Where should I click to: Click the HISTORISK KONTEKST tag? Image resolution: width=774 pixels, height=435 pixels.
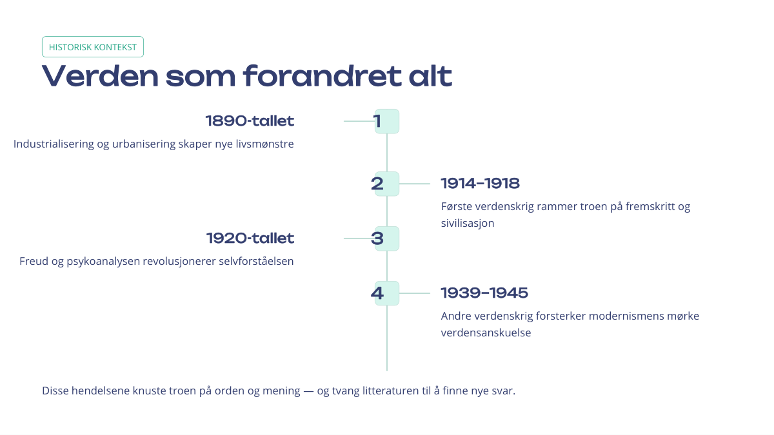click(x=93, y=46)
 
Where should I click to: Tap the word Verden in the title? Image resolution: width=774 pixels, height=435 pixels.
click(x=100, y=76)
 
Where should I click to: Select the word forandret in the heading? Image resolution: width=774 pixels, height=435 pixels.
click(x=322, y=76)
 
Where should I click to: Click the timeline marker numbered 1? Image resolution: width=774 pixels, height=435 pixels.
click(x=386, y=121)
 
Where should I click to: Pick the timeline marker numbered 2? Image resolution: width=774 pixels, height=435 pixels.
click(x=386, y=184)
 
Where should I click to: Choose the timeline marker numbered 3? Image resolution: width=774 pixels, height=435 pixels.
click(x=386, y=238)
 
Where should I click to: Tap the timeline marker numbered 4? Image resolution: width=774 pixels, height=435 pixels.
click(x=386, y=293)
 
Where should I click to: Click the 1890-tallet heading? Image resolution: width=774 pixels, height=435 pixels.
click(x=250, y=121)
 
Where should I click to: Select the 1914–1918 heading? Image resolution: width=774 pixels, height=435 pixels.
click(x=481, y=183)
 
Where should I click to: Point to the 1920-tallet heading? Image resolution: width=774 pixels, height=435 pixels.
click(x=250, y=238)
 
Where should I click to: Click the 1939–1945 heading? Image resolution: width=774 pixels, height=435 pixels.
click(x=484, y=293)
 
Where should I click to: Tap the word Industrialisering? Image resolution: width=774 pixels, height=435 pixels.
click(x=54, y=144)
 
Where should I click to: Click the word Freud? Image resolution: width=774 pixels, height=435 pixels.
click(x=34, y=261)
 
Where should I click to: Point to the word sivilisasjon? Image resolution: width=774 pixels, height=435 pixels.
click(x=468, y=223)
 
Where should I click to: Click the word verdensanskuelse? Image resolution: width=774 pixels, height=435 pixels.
click(x=486, y=333)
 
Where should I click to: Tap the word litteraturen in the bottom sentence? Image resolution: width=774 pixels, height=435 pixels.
click(x=390, y=391)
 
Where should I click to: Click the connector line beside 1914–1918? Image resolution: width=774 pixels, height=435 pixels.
click(x=415, y=184)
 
